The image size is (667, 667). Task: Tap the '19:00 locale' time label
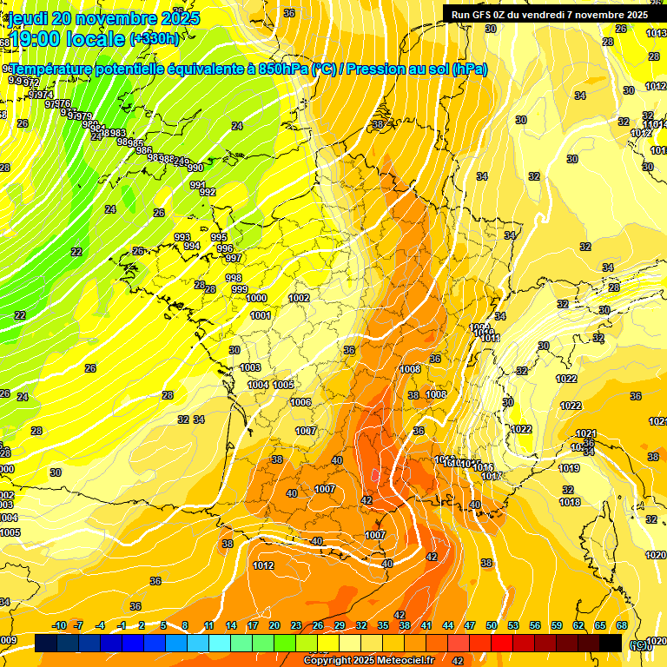tap(66, 38)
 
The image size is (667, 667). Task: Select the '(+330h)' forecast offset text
tap(155, 38)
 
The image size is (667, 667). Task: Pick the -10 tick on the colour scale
tap(60, 625)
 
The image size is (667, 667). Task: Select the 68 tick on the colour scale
tap(622, 625)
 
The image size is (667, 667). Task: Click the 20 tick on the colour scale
tap(274, 625)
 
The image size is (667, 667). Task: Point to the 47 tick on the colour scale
tap(470, 625)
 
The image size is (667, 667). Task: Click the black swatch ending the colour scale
tap(611, 643)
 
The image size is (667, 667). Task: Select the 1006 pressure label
tap(300, 402)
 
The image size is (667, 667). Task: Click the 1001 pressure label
tap(260, 315)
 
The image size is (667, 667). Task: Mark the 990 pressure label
tap(195, 168)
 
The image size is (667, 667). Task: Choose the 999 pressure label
tap(240, 289)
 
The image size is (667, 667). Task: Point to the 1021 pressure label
tap(586, 433)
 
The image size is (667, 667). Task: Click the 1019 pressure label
tap(569, 468)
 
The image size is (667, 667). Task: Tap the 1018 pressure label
tap(570, 502)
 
